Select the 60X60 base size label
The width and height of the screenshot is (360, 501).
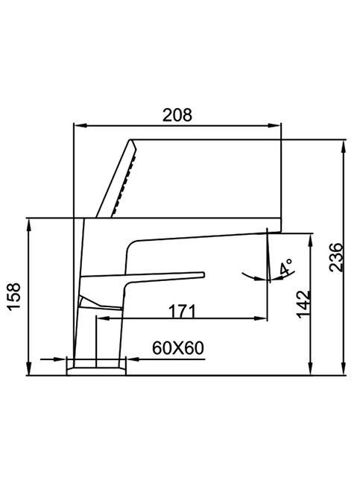(x=178, y=348)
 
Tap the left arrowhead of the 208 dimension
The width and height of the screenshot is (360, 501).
(x=78, y=125)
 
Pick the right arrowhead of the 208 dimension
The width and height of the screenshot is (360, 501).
(x=278, y=125)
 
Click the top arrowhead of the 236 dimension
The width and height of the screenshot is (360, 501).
(x=343, y=144)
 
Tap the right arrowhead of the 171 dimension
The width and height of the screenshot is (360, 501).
(x=262, y=319)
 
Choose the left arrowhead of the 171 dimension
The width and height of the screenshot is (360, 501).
(x=101, y=319)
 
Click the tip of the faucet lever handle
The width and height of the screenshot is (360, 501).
(x=201, y=274)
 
